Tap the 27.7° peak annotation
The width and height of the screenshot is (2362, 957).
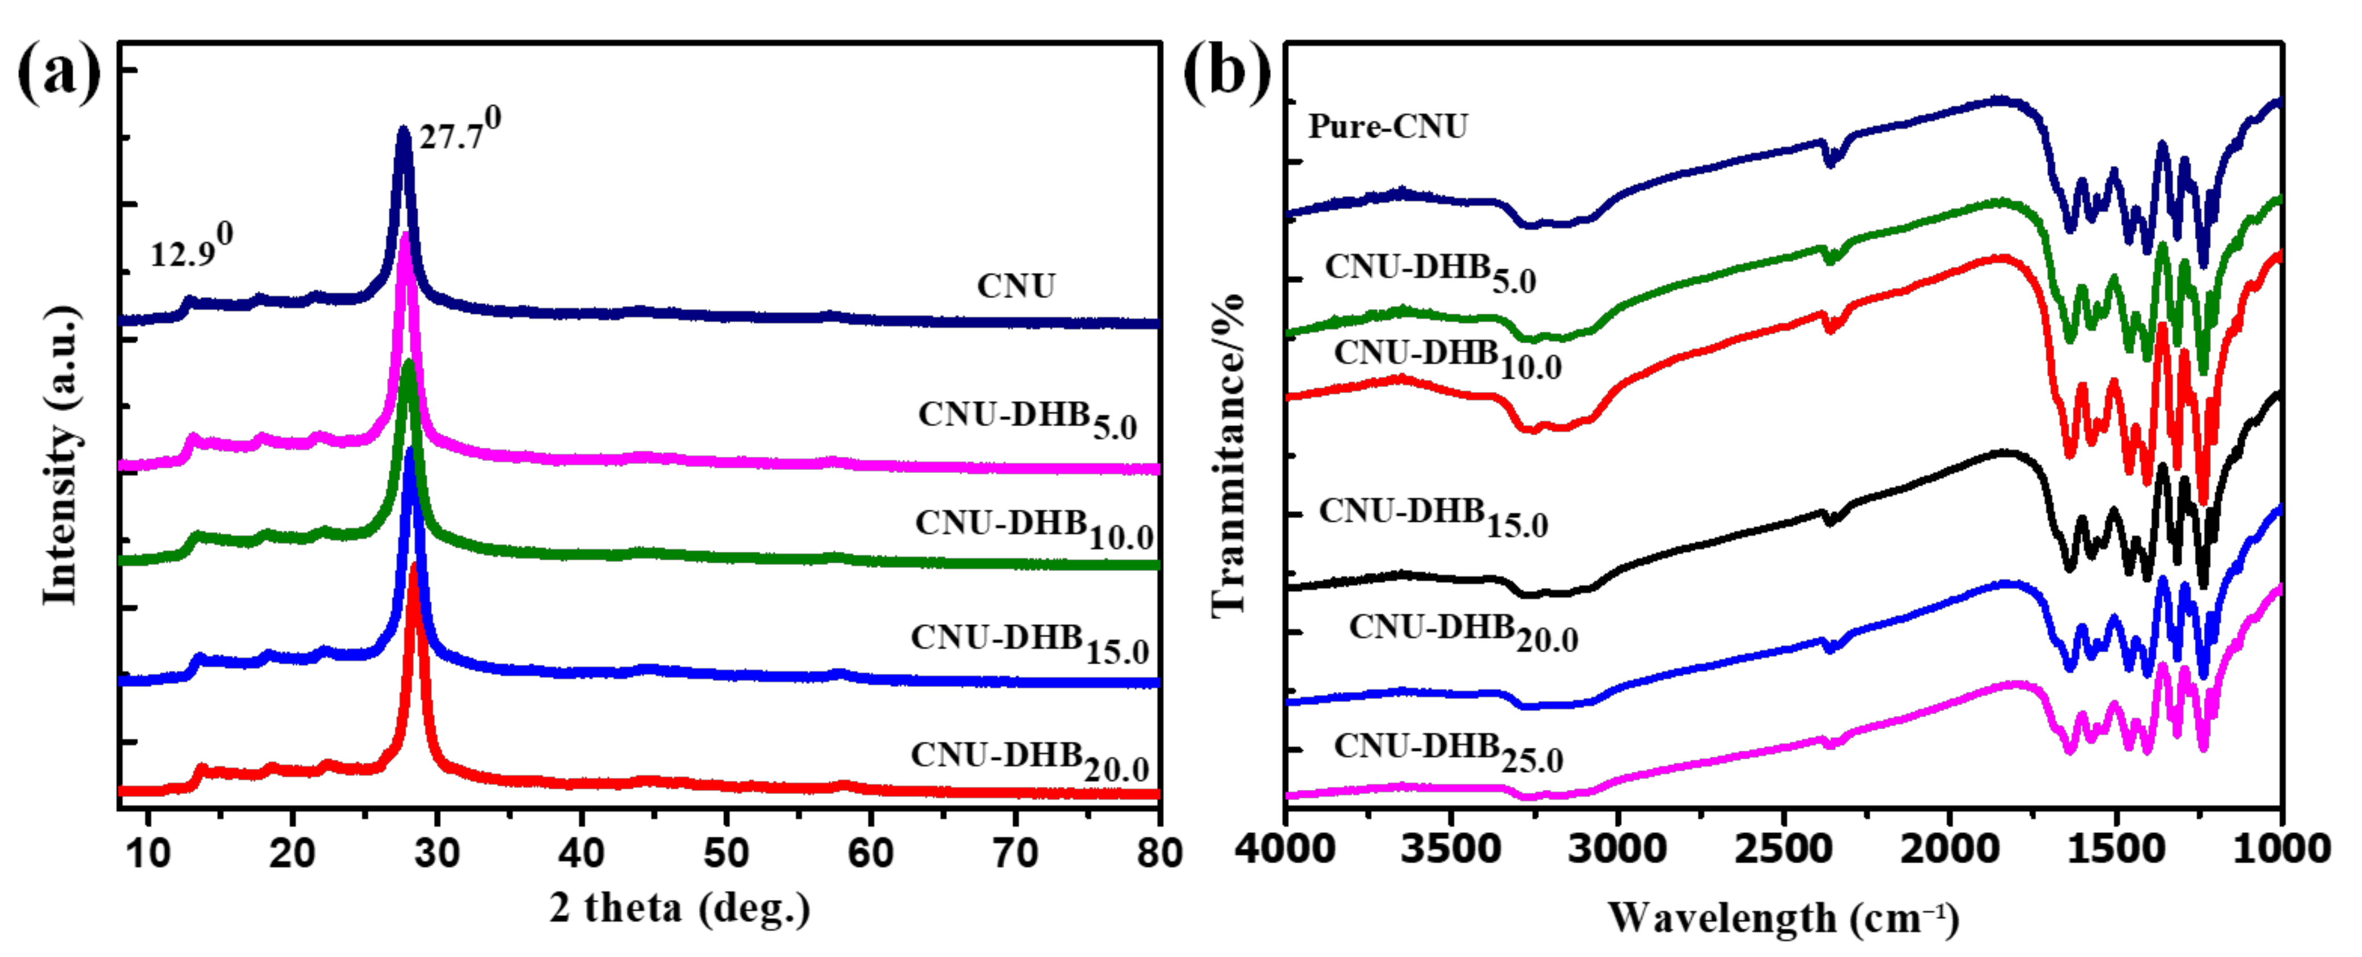(x=459, y=131)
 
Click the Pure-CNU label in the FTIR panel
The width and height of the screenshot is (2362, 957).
(x=1387, y=127)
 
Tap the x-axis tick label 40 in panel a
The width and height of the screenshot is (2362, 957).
(x=581, y=854)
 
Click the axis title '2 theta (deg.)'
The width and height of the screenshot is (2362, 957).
(x=680, y=909)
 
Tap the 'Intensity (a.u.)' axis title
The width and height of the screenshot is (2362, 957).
(x=60, y=456)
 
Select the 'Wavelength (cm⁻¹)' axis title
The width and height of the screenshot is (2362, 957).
(x=1783, y=918)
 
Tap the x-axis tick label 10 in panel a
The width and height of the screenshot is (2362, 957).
(x=148, y=854)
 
